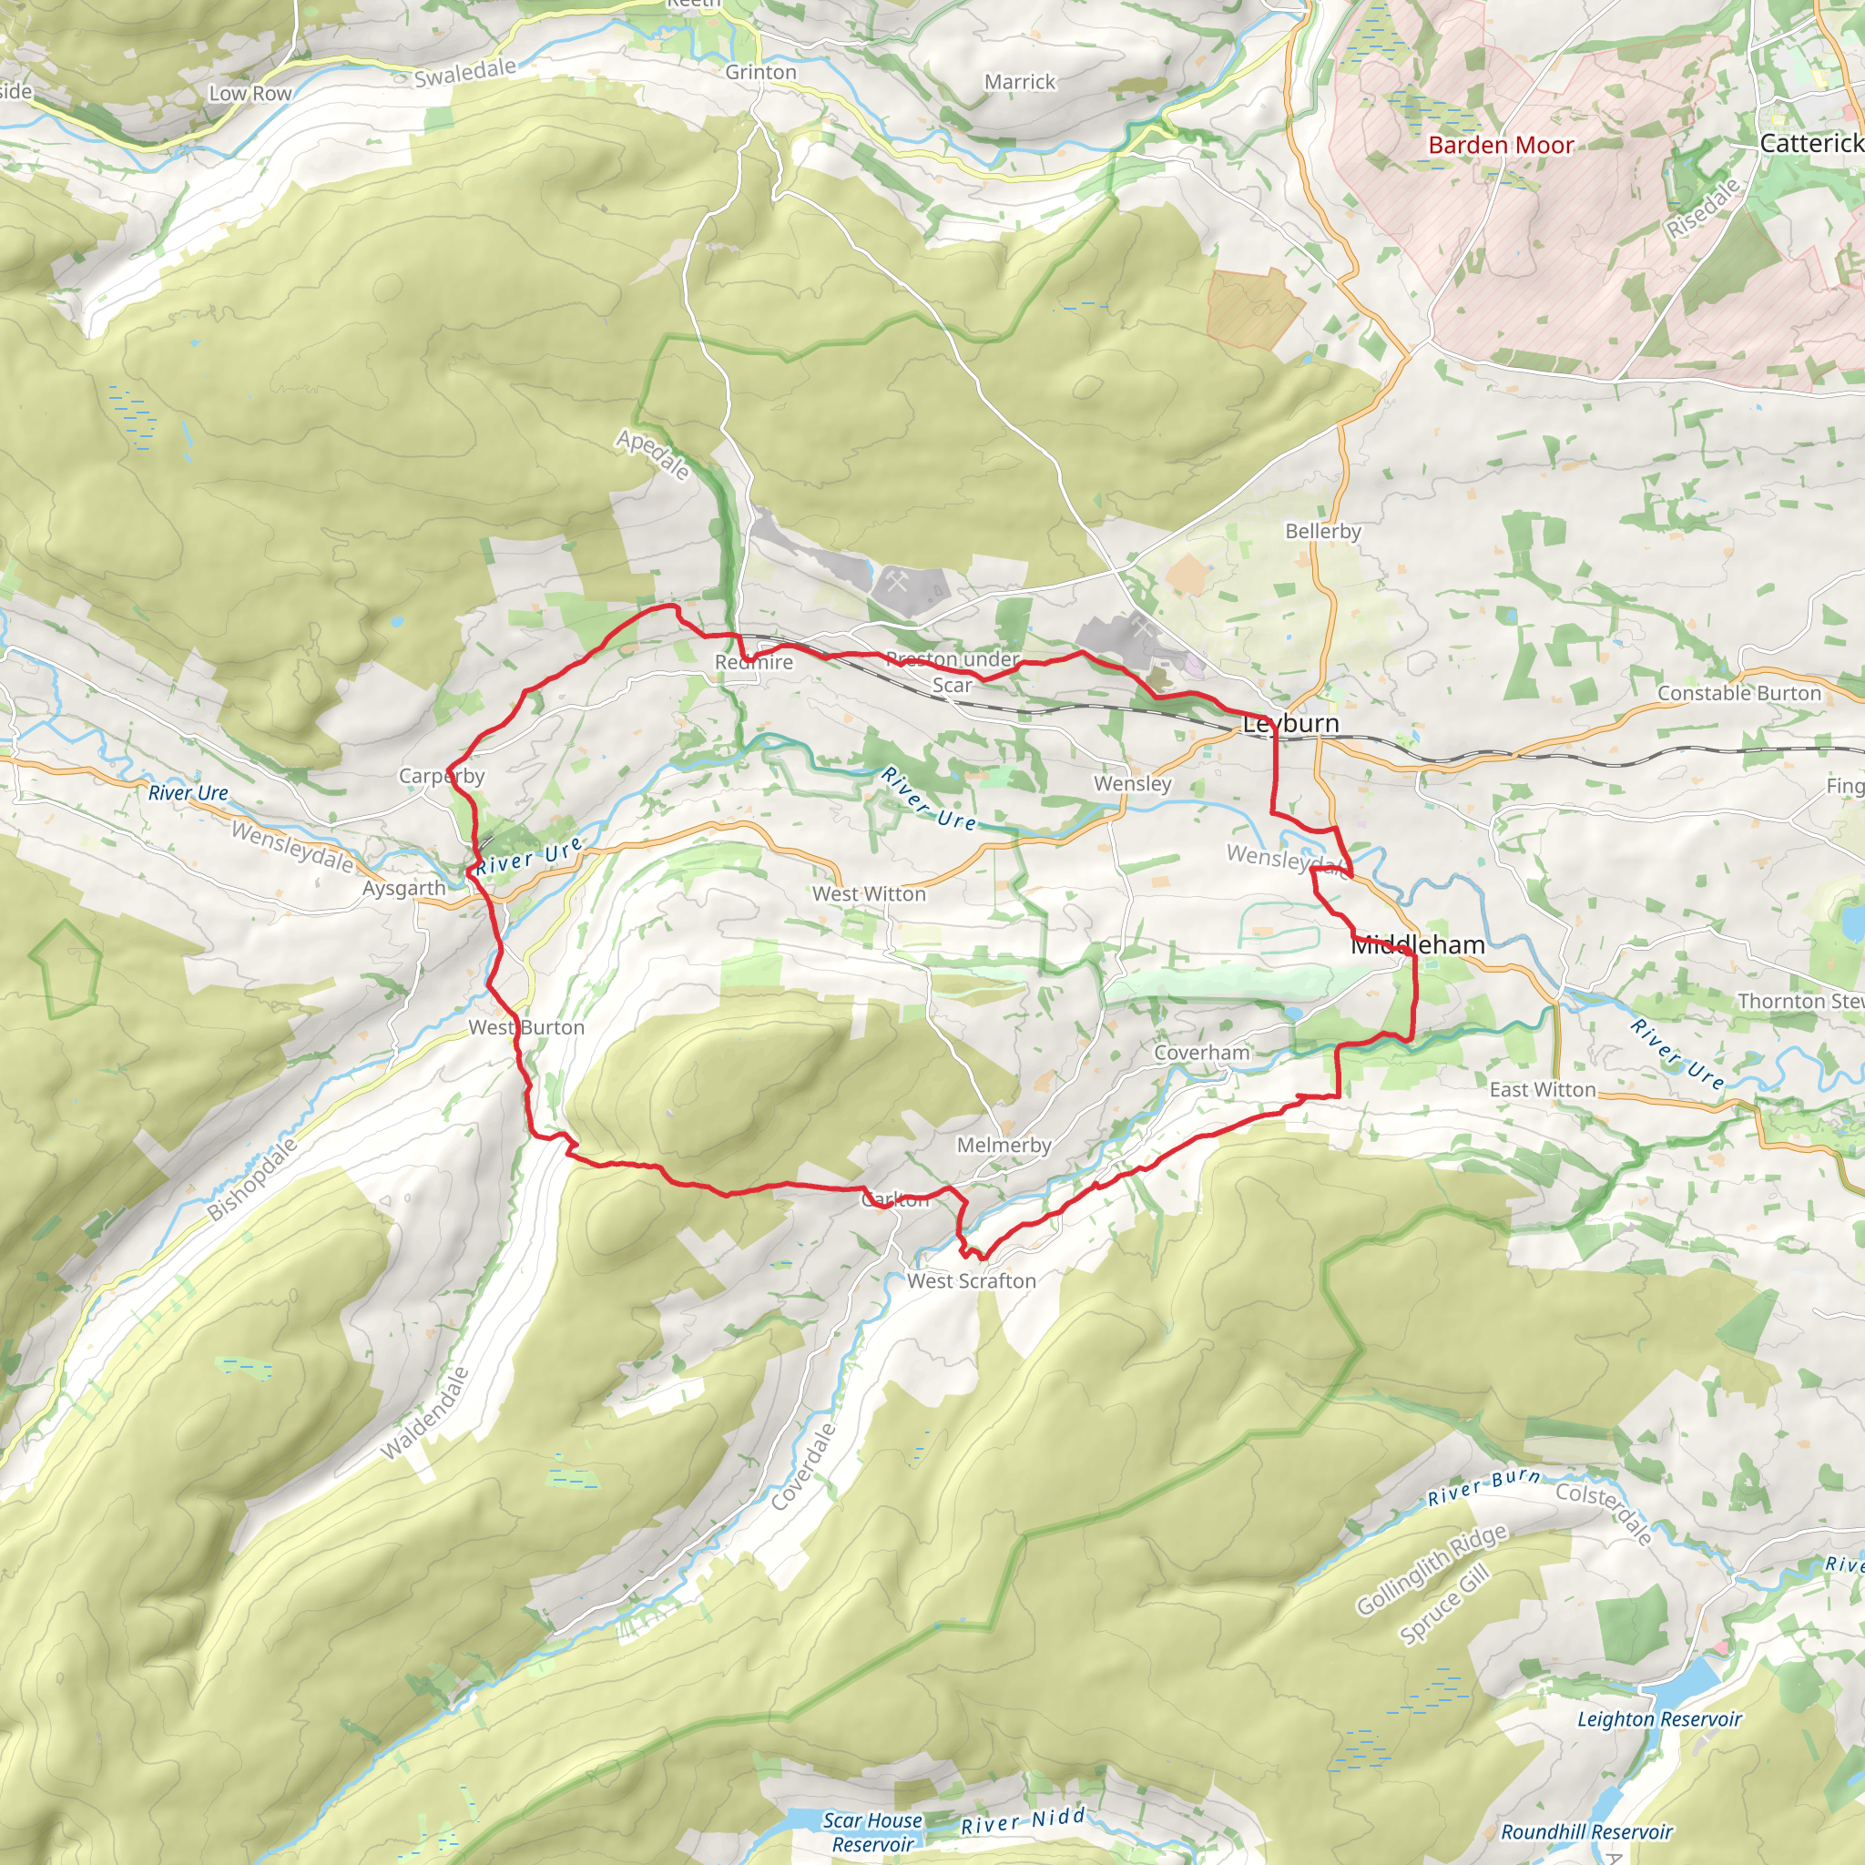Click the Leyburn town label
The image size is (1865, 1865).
[1290, 724]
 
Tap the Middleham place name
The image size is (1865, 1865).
[1417, 945]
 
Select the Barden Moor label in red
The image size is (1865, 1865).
[1500, 146]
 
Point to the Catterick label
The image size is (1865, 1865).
[1811, 144]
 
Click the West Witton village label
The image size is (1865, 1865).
[869, 894]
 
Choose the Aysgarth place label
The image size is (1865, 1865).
[403, 888]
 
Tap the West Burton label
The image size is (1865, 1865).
[526, 1027]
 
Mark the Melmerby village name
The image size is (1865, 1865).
[1004, 1145]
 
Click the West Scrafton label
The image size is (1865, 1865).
[971, 1281]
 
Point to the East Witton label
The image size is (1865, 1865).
[1543, 1090]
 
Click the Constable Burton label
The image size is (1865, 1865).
[1738, 693]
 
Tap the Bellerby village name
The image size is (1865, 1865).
[1322, 531]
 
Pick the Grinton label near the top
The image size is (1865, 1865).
[760, 73]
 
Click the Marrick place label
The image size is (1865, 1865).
[1019, 82]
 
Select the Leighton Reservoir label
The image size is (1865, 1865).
[1659, 1719]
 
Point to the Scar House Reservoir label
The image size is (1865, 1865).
[872, 1831]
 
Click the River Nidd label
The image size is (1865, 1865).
[1024, 1821]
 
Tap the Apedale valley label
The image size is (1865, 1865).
[654, 454]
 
